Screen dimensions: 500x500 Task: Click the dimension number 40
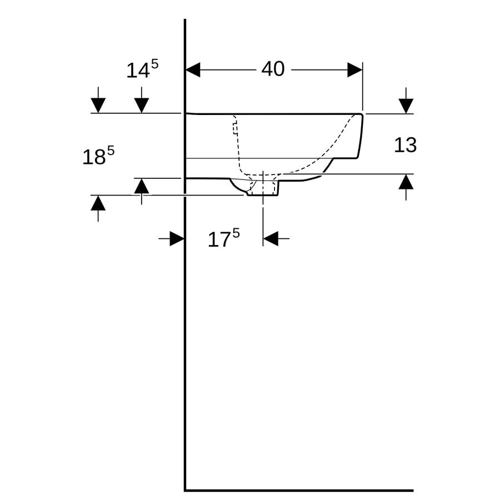coord(273,69)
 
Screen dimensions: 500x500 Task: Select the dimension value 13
coord(406,145)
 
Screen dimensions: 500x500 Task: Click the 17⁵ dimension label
coord(223,238)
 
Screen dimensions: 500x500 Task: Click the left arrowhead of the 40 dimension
coord(193,70)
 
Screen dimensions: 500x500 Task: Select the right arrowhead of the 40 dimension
coord(355,70)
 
